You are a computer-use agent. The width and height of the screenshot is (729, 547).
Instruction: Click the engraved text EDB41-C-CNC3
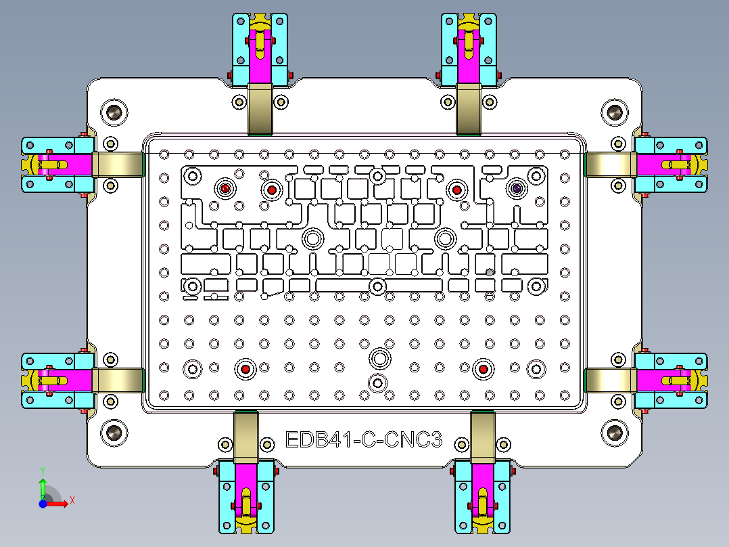pyautogui.click(x=364, y=441)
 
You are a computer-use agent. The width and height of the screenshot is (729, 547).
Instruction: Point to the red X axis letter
pyautogui.click(x=72, y=501)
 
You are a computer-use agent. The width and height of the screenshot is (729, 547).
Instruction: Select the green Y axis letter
pyautogui.click(x=42, y=469)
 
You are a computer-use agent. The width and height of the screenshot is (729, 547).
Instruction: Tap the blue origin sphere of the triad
pyautogui.click(x=43, y=504)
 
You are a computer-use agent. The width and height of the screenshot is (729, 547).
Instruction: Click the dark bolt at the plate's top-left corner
pyautogui.click(x=114, y=112)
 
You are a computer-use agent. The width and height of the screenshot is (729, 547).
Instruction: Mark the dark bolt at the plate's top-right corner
pyautogui.click(x=615, y=112)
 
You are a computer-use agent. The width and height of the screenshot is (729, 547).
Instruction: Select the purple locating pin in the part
pyautogui.click(x=517, y=189)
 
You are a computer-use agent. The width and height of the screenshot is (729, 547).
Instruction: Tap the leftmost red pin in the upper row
pyautogui.click(x=225, y=189)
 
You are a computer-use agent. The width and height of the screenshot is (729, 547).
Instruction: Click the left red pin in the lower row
pyautogui.click(x=245, y=369)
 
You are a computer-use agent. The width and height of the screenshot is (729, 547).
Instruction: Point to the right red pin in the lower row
pyautogui.click(x=482, y=369)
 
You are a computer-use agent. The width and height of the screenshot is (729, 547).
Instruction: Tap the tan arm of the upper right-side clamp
pyautogui.click(x=608, y=165)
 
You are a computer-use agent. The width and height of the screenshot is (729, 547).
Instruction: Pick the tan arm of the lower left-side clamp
pyautogui.click(x=118, y=380)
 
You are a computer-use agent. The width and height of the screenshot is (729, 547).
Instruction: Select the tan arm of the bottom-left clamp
pyautogui.click(x=246, y=437)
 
